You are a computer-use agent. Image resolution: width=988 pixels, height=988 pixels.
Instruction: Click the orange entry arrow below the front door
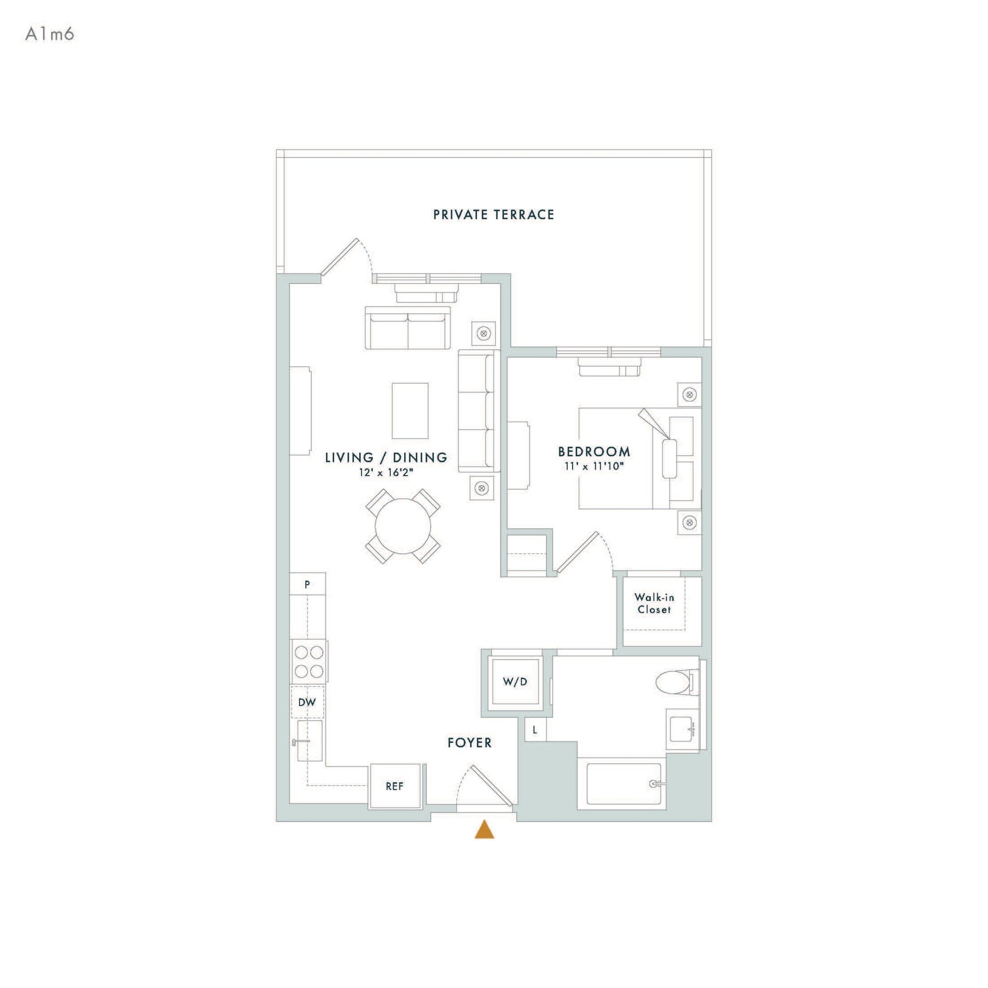484,829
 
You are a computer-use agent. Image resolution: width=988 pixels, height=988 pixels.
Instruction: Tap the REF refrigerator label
394,786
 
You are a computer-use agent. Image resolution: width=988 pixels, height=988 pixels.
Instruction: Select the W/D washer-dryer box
514,682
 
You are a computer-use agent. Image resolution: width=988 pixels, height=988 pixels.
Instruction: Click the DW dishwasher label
307,702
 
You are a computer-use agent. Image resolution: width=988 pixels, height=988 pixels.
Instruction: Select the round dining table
403,526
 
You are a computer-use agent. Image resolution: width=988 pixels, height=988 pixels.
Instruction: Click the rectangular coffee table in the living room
410,411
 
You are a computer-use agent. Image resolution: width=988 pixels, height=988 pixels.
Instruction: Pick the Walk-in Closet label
654,604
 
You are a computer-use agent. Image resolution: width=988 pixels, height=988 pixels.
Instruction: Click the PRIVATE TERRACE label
494,215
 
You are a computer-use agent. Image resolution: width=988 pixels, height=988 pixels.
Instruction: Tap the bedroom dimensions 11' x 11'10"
594,467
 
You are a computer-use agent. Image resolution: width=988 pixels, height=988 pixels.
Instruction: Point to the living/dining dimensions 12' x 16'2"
385,472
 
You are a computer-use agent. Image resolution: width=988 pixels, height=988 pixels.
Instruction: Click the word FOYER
469,743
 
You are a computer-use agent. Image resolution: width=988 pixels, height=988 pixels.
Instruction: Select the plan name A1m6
50,34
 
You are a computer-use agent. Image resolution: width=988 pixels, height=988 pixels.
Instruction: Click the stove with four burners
309,661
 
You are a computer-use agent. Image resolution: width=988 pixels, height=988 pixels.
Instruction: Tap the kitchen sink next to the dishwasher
310,741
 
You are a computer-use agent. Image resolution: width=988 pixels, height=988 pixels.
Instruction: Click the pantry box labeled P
307,585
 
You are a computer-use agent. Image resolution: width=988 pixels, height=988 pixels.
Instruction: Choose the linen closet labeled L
535,730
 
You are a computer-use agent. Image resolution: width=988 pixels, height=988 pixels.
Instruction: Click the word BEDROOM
594,452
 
